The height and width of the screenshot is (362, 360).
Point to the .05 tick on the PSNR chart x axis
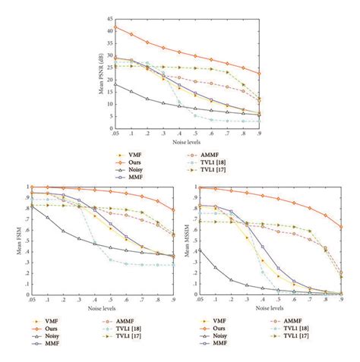115,132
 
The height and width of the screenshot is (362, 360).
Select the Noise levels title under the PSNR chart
187,140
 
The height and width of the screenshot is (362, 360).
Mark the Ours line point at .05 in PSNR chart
114,28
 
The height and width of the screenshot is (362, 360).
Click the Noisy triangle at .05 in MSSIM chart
198,249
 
